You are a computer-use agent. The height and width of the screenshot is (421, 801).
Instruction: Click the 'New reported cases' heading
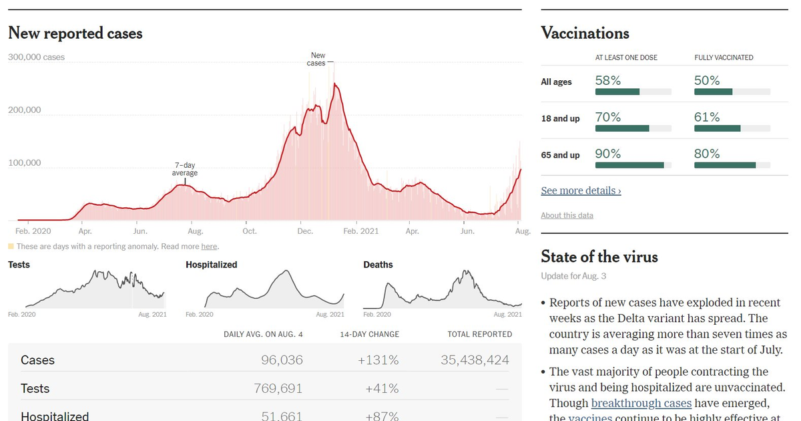75,33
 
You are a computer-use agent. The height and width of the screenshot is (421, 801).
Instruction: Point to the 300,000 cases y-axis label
37,57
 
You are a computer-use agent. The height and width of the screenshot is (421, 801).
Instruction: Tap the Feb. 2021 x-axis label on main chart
360,231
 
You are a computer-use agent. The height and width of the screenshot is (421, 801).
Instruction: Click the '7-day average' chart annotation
185,169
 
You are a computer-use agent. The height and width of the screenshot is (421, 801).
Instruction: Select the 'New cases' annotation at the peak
317,59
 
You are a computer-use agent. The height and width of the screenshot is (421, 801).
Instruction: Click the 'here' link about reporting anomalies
210,247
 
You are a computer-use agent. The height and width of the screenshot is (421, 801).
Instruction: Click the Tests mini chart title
19,265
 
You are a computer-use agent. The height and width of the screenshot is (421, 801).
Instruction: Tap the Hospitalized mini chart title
211,265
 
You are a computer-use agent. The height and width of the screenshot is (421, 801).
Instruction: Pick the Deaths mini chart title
378,265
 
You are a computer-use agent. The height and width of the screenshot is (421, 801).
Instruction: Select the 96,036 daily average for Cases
282,360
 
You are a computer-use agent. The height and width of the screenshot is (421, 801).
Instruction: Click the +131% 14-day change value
378,360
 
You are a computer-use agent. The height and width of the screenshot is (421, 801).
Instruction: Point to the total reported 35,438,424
475,360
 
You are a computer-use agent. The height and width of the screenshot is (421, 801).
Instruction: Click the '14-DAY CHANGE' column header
369,334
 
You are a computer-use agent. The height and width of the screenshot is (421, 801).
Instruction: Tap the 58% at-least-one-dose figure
608,81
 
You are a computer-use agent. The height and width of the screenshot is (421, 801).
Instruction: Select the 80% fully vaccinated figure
707,154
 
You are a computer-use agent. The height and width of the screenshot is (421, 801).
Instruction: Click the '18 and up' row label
560,118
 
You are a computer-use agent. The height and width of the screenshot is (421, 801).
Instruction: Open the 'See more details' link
581,191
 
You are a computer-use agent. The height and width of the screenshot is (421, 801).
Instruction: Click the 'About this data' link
567,215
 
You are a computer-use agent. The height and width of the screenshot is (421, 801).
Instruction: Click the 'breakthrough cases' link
641,403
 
